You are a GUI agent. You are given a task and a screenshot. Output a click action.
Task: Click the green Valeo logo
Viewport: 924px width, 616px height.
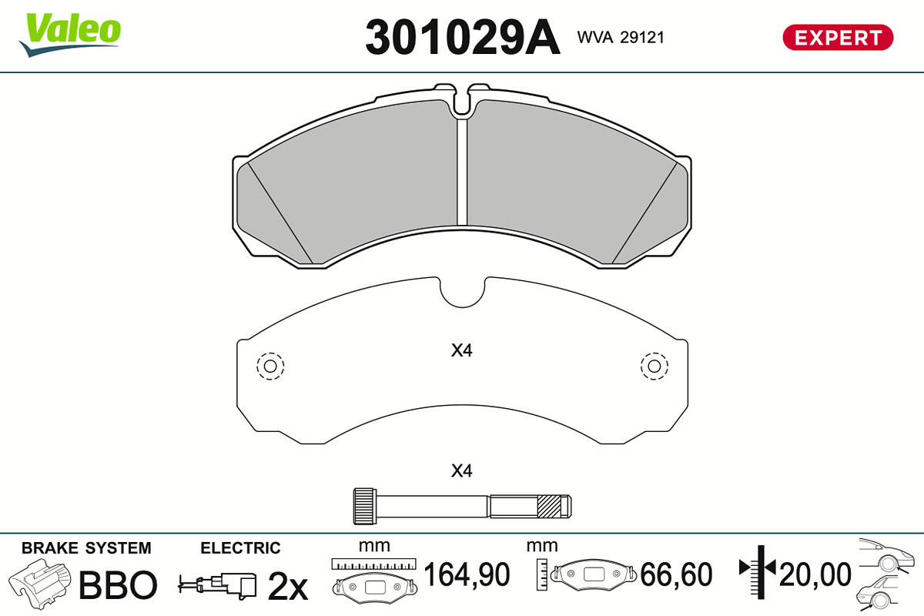(x=70, y=34)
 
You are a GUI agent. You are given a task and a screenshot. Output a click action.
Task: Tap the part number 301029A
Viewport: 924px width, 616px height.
(x=463, y=38)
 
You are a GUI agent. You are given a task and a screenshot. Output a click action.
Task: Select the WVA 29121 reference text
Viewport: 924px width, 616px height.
(x=621, y=38)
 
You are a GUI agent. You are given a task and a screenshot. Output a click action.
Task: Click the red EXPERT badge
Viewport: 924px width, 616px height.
(x=838, y=38)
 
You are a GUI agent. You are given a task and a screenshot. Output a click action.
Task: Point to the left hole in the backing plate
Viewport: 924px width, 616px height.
(x=270, y=366)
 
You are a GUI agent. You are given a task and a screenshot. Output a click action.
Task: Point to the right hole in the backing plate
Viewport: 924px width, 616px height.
(x=654, y=366)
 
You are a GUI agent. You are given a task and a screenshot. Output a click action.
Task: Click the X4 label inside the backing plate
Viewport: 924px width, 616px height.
(x=461, y=350)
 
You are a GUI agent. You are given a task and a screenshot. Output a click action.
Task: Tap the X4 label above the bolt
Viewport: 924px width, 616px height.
(x=461, y=470)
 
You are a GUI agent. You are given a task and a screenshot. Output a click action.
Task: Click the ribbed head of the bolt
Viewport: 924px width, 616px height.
(x=365, y=506)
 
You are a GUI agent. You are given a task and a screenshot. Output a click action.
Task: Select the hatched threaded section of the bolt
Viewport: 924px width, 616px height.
(x=550, y=506)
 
